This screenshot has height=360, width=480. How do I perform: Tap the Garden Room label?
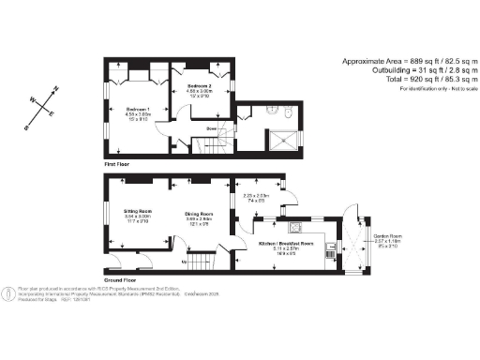(x=387, y=235)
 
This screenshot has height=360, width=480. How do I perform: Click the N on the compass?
(x=56, y=88)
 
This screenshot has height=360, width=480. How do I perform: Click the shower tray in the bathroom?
(x=287, y=139)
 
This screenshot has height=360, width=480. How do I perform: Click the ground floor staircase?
(x=202, y=262)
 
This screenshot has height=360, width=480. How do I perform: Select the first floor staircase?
(x=212, y=143)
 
